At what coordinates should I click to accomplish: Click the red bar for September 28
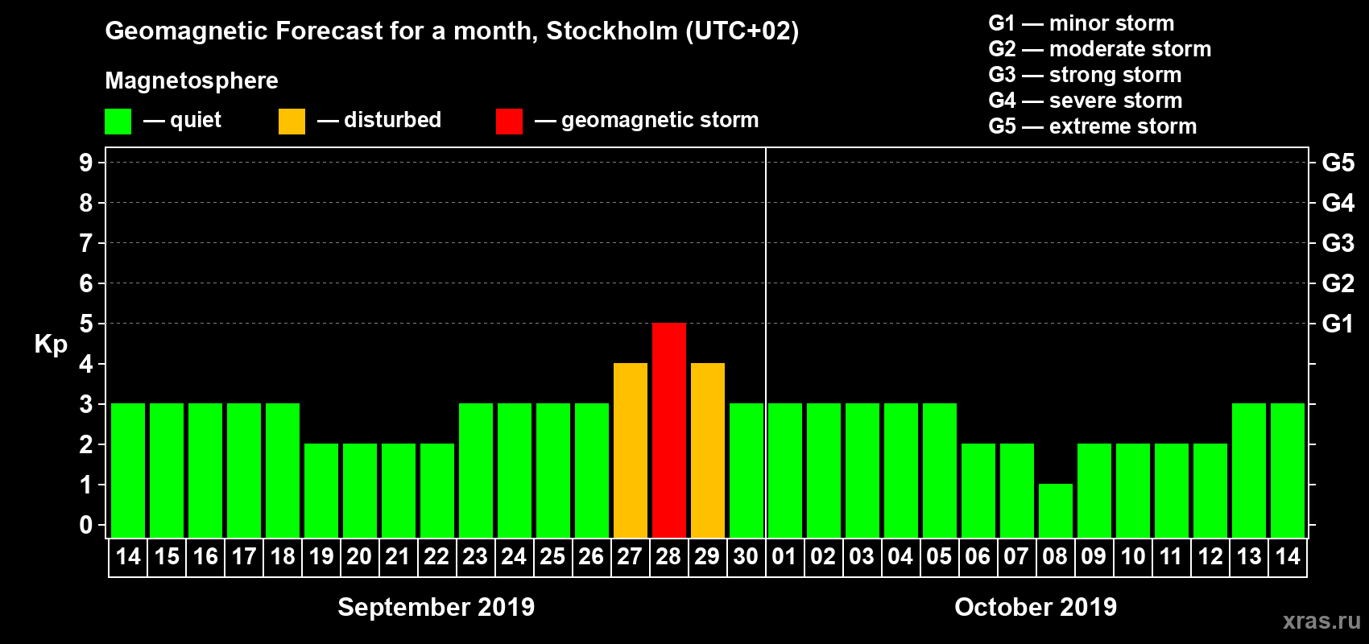(x=669, y=430)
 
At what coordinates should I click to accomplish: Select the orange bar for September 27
(x=631, y=450)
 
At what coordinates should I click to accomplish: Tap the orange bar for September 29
(x=708, y=450)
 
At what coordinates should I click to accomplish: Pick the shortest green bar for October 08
(x=1056, y=510)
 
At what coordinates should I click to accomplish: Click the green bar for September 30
(x=747, y=470)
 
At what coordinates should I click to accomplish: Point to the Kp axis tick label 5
(x=86, y=324)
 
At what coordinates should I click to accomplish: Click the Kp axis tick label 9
(x=86, y=163)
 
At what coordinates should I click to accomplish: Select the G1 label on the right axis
(x=1338, y=324)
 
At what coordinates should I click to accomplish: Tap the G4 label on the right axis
(x=1338, y=203)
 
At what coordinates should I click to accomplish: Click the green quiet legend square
(x=118, y=122)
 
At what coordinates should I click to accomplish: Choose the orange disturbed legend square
(x=292, y=122)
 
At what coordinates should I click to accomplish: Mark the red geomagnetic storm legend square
(x=509, y=122)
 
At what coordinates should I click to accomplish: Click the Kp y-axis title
(x=51, y=344)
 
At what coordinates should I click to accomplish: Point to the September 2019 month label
(x=436, y=607)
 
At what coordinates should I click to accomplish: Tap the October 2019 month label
(x=1036, y=607)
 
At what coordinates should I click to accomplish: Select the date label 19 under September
(x=321, y=556)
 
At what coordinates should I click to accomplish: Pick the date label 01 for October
(x=784, y=556)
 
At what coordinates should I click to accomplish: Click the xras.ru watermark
(x=1321, y=621)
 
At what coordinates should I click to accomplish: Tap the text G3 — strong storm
(x=1085, y=75)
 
